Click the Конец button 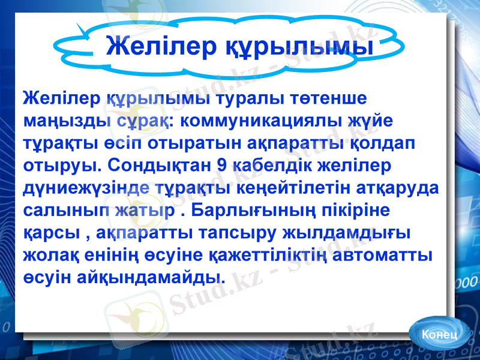point(439,334)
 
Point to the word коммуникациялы point(262,120)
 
